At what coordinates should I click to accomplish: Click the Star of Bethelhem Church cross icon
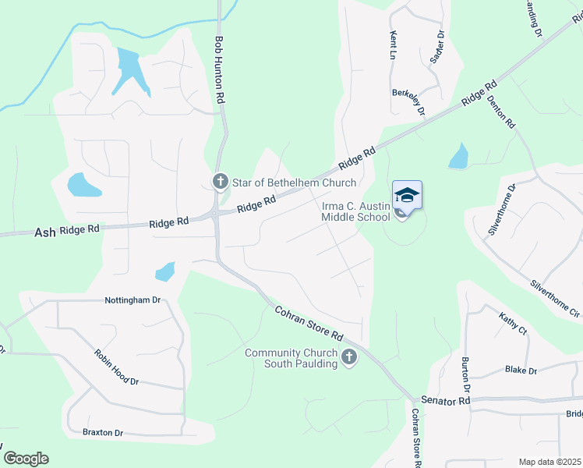click(x=220, y=183)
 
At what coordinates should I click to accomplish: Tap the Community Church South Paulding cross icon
click(x=349, y=358)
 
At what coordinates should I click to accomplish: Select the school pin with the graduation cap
click(x=407, y=195)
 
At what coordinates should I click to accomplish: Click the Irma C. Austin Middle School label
click(x=355, y=211)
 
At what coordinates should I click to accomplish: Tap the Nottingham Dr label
click(x=132, y=300)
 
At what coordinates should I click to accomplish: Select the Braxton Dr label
click(x=103, y=432)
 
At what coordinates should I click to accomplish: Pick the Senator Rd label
click(x=446, y=400)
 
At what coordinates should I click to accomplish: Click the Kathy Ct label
click(x=513, y=323)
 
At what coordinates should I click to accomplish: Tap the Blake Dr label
click(x=521, y=370)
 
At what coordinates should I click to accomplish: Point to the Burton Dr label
click(x=465, y=375)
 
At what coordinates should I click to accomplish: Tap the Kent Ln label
click(x=393, y=46)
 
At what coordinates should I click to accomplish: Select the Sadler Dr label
click(x=440, y=47)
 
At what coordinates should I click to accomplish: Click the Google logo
click(x=26, y=458)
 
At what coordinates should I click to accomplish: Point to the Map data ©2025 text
click(x=549, y=462)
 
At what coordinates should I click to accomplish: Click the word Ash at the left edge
click(x=45, y=232)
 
